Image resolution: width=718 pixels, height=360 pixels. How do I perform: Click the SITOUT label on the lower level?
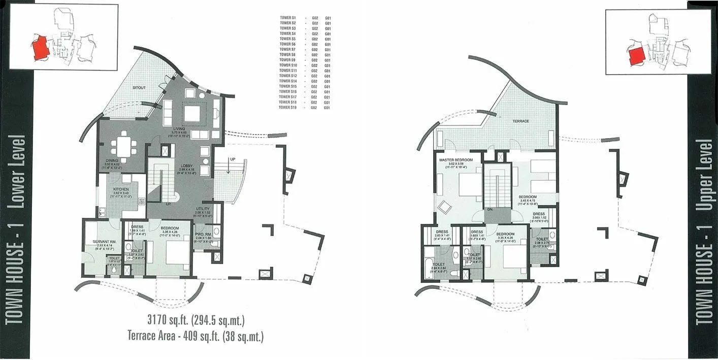pyautogui.click(x=139, y=88)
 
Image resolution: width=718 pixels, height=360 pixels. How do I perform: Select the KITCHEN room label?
pyautogui.click(x=121, y=189)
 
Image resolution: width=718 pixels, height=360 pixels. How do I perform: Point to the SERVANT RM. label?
pyautogui.click(x=102, y=241)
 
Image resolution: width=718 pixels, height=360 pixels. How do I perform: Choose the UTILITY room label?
pyautogui.click(x=203, y=209)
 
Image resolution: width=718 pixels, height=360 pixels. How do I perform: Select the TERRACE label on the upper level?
pyautogui.click(x=520, y=121)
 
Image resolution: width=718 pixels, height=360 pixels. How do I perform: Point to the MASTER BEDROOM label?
pyautogui.click(x=456, y=160)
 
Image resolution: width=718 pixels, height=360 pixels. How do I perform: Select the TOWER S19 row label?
pyautogui.click(x=288, y=108)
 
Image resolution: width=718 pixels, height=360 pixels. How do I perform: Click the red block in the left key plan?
pyautogui.click(x=41, y=49)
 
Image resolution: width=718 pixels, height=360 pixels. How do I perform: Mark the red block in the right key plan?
pyautogui.click(x=636, y=54)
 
